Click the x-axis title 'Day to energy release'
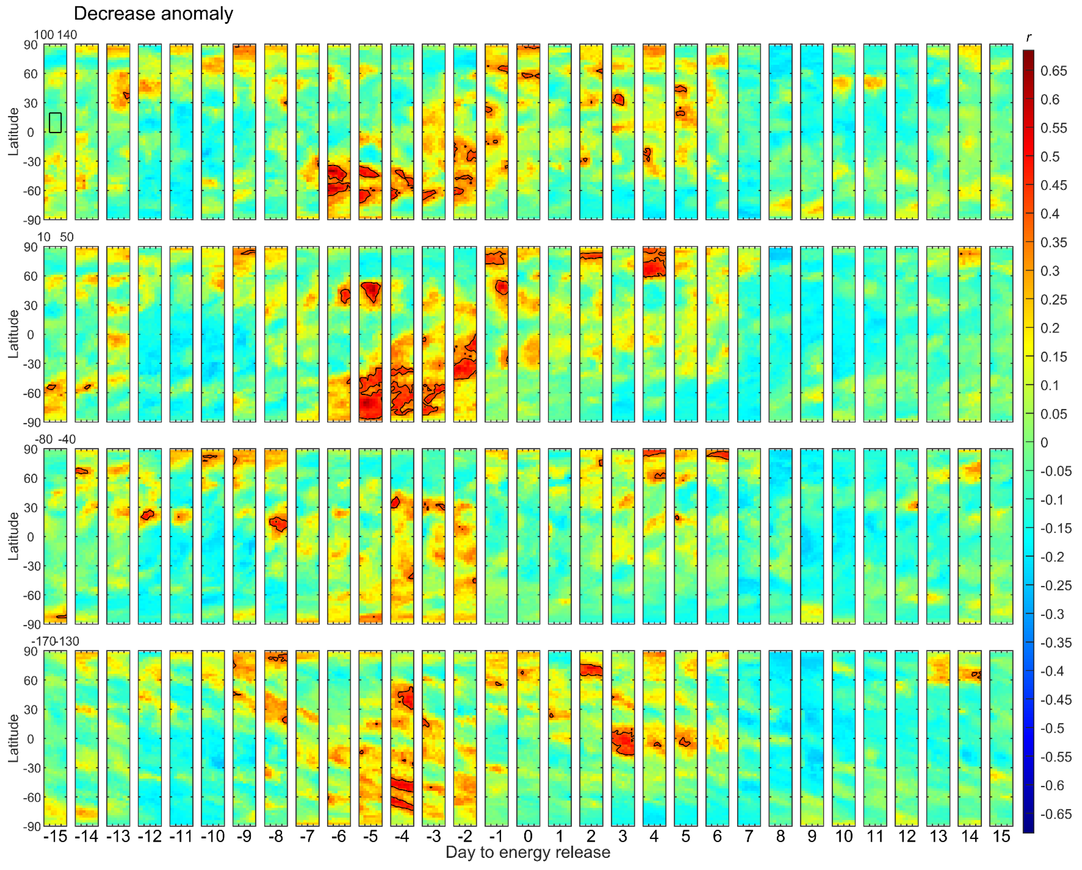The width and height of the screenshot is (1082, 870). (528, 852)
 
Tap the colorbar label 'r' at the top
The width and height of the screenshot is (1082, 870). (1028, 37)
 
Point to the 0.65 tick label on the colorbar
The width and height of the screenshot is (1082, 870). (1053, 71)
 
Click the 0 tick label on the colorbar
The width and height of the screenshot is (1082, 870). (1044, 443)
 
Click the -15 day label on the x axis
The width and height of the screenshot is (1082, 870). (55, 836)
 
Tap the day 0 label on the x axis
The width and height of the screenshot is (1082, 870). (528, 836)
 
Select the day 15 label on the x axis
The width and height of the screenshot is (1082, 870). (1001, 836)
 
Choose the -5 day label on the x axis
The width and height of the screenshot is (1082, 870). (371, 836)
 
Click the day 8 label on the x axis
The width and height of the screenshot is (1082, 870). (780, 836)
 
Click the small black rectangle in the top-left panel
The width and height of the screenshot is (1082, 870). (55, 122)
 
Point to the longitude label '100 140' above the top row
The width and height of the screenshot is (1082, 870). (55, 35)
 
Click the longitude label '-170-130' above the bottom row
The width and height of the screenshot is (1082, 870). (55, 641)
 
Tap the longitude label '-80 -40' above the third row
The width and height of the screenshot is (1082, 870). (55, 440)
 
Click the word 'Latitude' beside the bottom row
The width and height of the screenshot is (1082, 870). (13, 738)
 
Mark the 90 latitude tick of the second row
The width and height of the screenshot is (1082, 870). (31, 247)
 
